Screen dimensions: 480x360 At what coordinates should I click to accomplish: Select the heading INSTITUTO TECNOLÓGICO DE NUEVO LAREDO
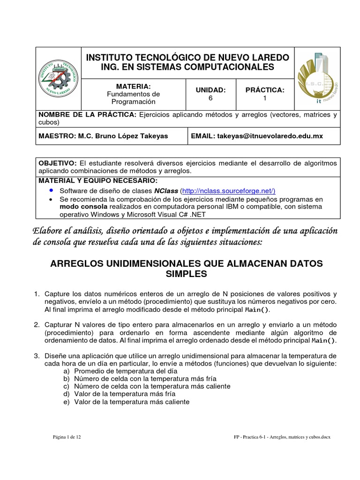coord(187,58)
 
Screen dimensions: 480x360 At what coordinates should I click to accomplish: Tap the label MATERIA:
coord(133,87)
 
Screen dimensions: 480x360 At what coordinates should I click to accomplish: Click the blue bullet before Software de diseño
coord(51,191)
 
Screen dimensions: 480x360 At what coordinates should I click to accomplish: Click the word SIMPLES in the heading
coord(186,274)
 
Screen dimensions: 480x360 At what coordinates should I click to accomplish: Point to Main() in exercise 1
coord(257,310)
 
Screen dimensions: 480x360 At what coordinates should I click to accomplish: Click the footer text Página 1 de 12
coord(67,436)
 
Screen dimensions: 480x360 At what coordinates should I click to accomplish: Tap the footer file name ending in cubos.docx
coord(282,436)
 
